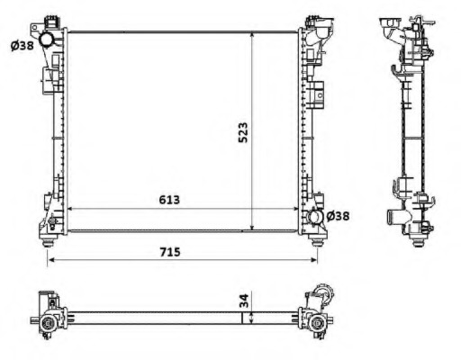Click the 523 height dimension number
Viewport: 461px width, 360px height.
243,132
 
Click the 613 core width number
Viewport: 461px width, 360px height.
169,200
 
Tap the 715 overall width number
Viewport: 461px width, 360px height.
170,252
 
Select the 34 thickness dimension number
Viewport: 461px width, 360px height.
244,301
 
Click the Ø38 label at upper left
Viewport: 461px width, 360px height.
22,46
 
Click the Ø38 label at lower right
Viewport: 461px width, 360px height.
338,216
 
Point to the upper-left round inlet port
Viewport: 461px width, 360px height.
47,40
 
